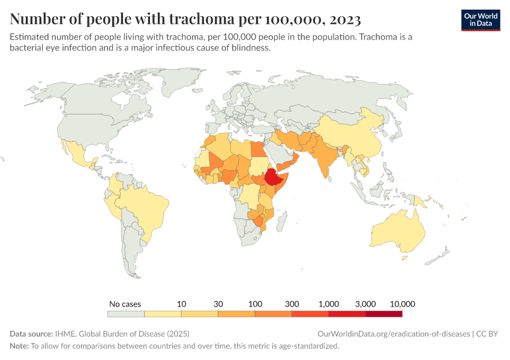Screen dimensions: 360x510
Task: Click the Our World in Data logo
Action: [480, 20]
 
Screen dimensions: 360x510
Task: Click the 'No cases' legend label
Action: [125, 304]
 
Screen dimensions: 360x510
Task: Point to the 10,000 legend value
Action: [402, 304]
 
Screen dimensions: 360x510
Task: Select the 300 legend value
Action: [292, 304]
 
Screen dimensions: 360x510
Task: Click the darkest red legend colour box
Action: [384, 313]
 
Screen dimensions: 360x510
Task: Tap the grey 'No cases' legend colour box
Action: [126, 313]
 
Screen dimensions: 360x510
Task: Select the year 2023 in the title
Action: [344, 19]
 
